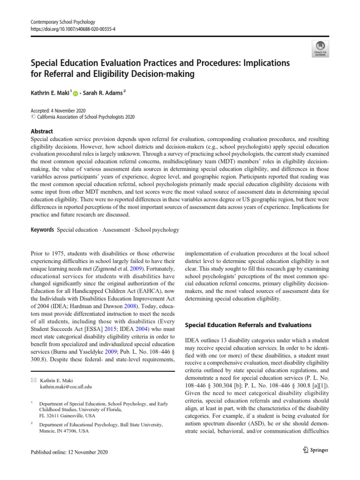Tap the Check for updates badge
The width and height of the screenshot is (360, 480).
coord(320,48)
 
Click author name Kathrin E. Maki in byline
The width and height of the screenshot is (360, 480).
coord(50,94)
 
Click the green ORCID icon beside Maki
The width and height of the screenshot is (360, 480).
coord(76,94)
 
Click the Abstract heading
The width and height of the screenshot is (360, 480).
coord(42,132)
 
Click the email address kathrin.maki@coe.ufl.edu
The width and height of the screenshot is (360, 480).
coord(66,387)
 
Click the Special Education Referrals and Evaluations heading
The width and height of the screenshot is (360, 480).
coord(248,324)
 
